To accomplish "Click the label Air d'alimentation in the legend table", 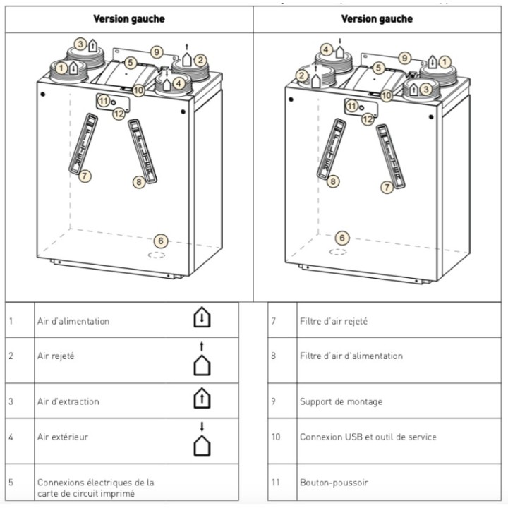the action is tap(73, 321).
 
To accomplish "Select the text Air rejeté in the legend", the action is tap(56, 356).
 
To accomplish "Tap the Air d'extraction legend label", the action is tap(68, 401).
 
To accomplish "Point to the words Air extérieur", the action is tap(63, 437).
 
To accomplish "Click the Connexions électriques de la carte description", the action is tap(95, 488).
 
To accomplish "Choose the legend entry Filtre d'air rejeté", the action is tap(334, 321).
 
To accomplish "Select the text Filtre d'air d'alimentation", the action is tap(351, 356).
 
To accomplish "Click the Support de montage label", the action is tap(341, 401).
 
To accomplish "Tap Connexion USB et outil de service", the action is tap(368, 437).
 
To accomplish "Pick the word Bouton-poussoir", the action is tap(334, 483).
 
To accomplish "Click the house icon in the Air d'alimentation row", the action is tap(202, 317).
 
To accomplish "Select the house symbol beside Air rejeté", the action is tap(202, 358).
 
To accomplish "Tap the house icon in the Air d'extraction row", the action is tap(202, 398).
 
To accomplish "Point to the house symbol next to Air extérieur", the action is tap(202, 440).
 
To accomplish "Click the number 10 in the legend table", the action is tap(276, 437).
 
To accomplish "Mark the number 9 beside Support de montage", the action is tap(274, 401).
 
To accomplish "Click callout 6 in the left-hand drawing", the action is tap(161, 241).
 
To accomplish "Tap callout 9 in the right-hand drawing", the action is tap(404, 59).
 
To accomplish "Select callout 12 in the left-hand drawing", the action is tap(119, 114).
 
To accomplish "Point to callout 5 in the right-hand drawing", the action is tap(378, 68).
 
